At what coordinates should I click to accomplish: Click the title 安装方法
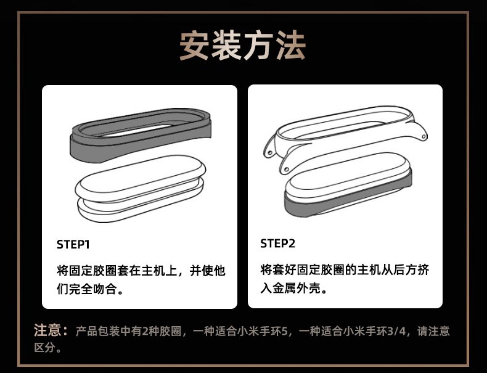click(242, 46)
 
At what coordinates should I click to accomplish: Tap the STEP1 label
click(73, 245)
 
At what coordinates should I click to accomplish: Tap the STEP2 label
click(277, 244)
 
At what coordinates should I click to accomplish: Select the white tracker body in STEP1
click(140, 188)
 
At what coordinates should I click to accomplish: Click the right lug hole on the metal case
click(423, 136)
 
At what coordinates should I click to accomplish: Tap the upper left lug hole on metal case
click(269, 152)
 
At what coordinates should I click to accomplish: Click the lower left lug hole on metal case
click(287, 170)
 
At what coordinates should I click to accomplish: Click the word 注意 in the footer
click(47, 330)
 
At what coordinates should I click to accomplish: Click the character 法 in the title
click(291, 46)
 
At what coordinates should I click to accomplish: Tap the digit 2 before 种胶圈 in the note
click(145, 331)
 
